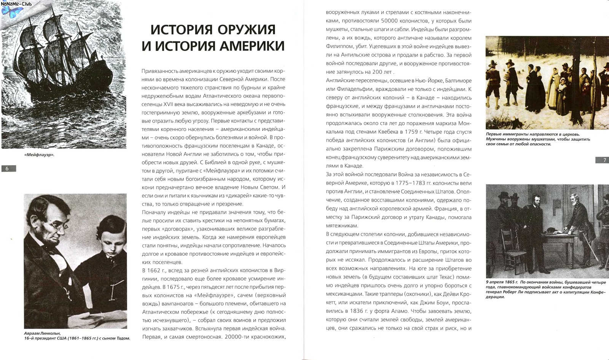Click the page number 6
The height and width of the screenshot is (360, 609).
pos(8,169)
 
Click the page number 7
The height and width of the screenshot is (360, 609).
pos(604,160)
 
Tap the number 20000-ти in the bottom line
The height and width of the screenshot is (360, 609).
pos(240,337)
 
